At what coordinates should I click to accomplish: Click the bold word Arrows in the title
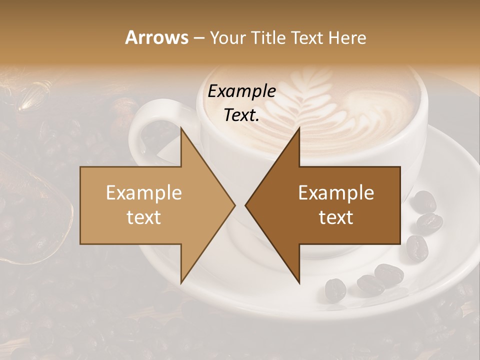156,37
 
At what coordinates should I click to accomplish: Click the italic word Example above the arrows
242,91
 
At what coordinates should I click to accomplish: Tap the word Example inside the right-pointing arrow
144,193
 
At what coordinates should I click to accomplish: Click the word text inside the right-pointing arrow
144,217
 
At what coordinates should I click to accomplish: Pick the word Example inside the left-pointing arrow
336,193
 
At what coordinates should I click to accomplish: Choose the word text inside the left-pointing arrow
336,217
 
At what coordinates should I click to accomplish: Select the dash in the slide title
198,38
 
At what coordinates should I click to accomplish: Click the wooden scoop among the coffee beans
30,220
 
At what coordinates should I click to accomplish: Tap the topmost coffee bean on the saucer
424,201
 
